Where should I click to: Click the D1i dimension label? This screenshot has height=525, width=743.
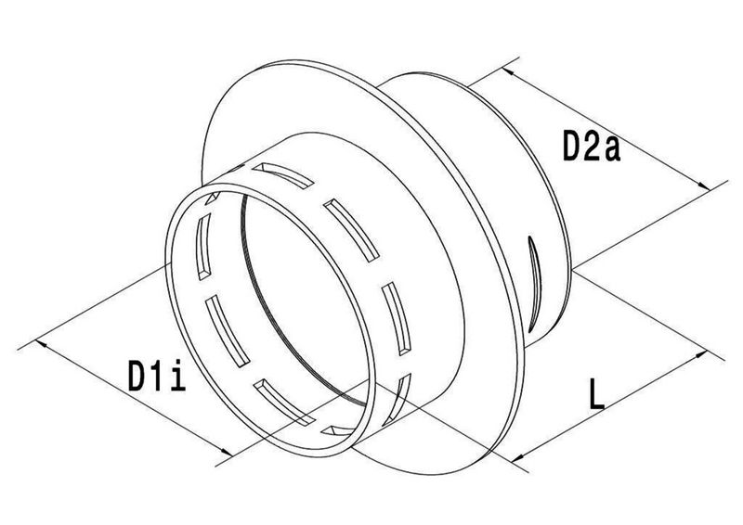pyautogui.click(x=157, y=376)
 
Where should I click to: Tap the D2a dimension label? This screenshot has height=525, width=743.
pyautogui.click(x=592, y=147)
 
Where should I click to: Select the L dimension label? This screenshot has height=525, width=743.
pyautogui.click(x=596, y=393)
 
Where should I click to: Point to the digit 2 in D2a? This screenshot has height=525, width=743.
pyautogui.click(x=592, y=147)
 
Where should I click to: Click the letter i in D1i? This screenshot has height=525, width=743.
pyautogui.click(x=178, y=376)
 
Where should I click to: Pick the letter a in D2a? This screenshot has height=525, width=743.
pyautogui.click(x=612, y=150)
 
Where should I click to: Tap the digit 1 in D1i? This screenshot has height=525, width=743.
pyautogui.click(x=158, y=376)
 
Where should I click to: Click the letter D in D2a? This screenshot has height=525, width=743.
pyautogui.click(x=571, y=147)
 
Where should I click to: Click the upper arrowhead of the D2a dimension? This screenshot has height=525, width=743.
pyautogui.click(x=508, y=71)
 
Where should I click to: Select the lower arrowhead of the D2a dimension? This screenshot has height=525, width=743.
pyautogui.click(x=705, y=186)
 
